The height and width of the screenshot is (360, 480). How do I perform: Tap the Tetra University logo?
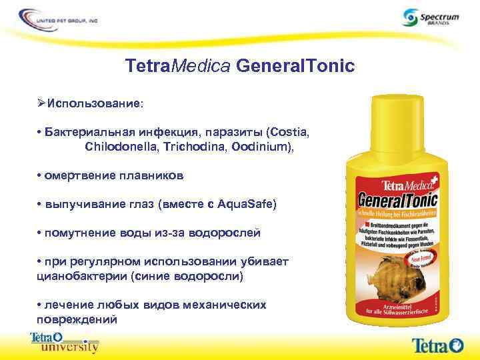pos(64,342)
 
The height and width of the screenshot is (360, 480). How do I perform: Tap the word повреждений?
pos(75,319)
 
